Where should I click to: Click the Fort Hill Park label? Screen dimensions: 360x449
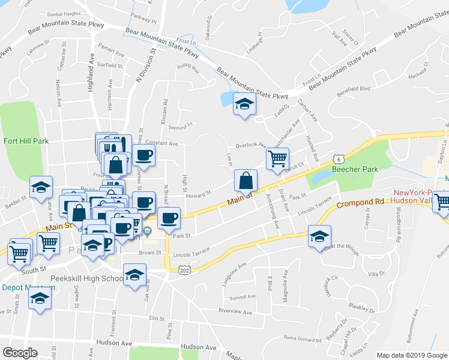click(x=26, y=142)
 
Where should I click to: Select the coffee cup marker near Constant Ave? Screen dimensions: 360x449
click(x=143, y=156)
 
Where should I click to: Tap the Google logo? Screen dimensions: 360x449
click(x=20, y=352)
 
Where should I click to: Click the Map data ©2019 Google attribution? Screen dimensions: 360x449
click(x=412, y=355)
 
